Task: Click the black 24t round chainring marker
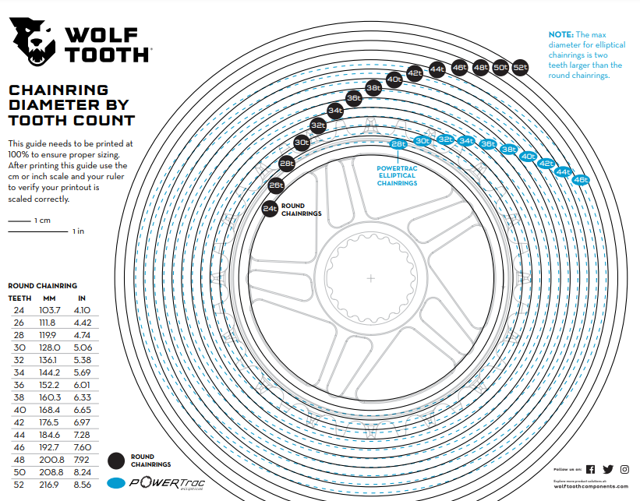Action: point(270,208)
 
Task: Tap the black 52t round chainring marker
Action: point(521,68)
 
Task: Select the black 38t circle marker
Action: point(373,88)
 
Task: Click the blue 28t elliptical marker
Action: point(398,144)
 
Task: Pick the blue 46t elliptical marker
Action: point(580,180)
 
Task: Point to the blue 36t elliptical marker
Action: point(488,144)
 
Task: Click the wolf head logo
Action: point(30,42)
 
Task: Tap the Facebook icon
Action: point(590,469)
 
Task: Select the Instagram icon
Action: point(624,469)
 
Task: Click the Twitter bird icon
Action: point(607,469)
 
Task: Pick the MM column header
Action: point(51,298)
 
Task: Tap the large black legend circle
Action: point(118,460)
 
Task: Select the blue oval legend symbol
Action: point(118,483)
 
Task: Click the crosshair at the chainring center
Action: point(371,277)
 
